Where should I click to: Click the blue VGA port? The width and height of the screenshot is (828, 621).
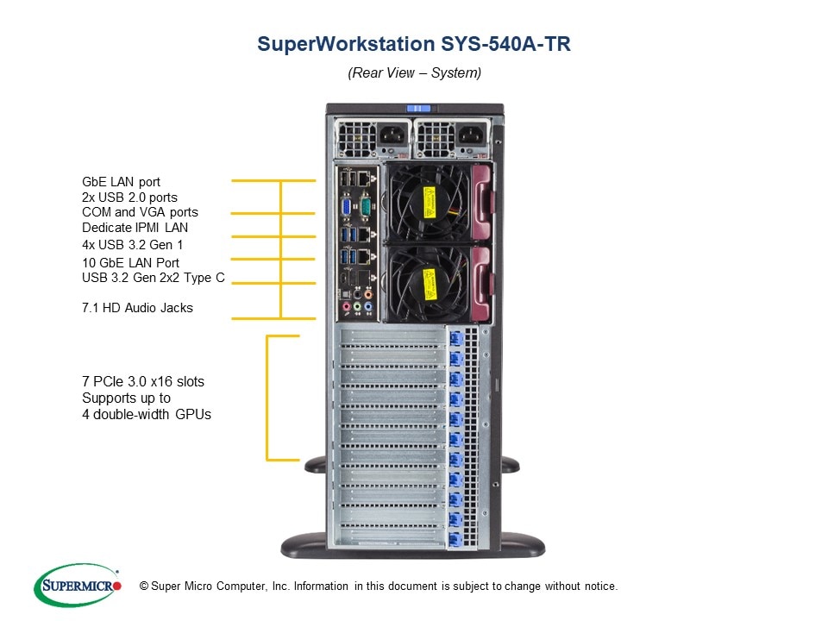[345, 207]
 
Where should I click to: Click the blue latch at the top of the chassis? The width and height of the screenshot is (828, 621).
[416, 110]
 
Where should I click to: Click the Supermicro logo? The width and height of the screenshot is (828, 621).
[76, 586]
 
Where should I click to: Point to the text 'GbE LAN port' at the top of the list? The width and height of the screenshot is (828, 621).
[121, 182]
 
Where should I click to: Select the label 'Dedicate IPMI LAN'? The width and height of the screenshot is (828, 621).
[135, 228]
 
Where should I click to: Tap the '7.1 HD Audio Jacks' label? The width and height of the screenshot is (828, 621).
[137, 308]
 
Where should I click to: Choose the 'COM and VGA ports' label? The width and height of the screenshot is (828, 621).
[140, 212]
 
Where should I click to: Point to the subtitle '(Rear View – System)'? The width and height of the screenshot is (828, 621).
[414, 72]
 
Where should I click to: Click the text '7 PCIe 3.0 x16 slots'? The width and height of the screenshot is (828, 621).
[143, 380]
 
